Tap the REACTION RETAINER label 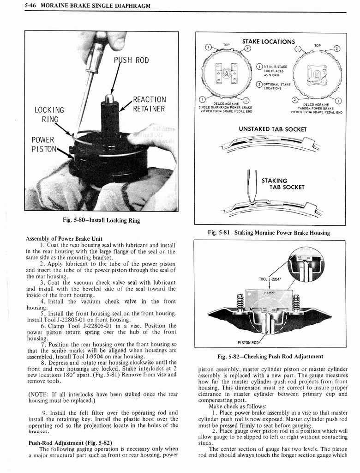[149, 104]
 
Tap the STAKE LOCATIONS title [268, 42]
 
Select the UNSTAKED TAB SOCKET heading [272, 129]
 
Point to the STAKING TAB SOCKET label [283, 183]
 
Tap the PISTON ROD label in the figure [248, 342]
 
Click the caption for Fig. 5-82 [270, 356]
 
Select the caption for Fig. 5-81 [269, 233]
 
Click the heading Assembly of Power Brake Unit [64, 239]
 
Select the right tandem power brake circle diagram [318, 73]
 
